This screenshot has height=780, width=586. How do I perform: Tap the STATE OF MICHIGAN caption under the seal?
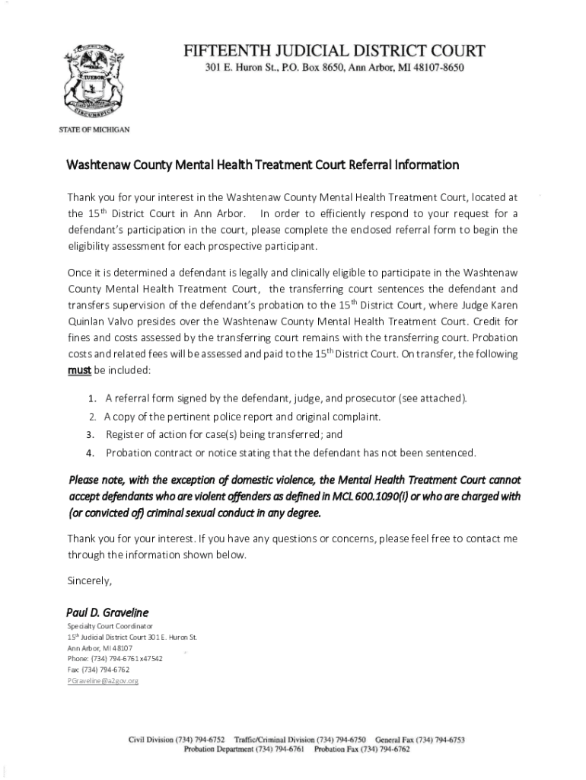click(94, 129)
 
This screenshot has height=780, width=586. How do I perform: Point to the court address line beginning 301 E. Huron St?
click(334, 68)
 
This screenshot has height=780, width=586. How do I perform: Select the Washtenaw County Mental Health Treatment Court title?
click(263, 165)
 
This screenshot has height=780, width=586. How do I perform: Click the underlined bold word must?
click(80, 369)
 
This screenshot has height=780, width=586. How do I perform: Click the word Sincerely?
click(90, 582)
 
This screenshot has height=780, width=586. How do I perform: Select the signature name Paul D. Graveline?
click(108, 612)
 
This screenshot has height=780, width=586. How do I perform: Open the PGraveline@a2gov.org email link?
click(104, 680)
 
